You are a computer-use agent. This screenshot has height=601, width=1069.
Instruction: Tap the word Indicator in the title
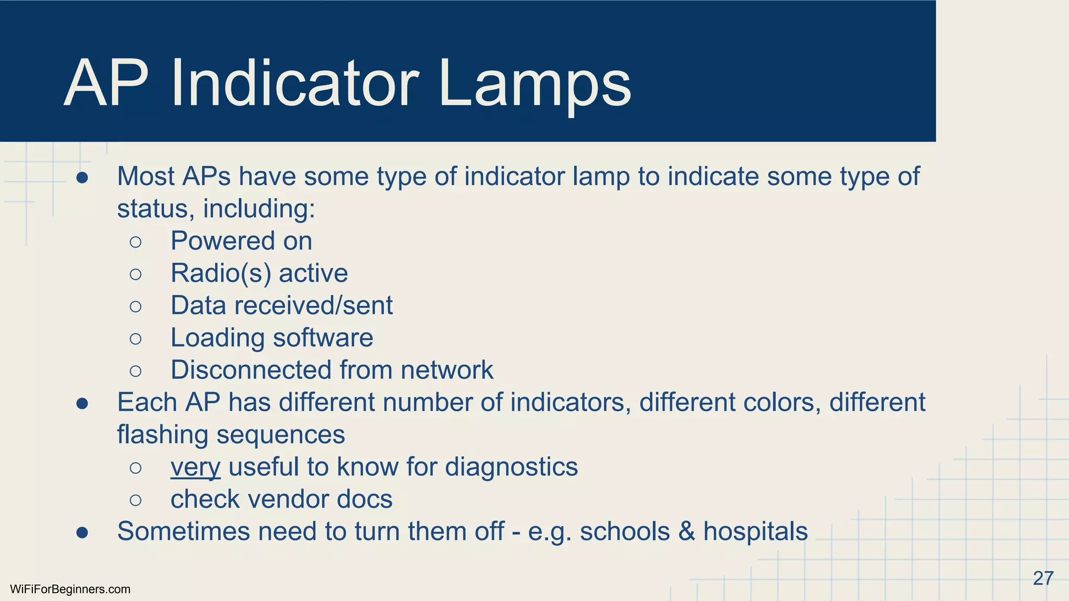pyautogui.click(x=295, y=83)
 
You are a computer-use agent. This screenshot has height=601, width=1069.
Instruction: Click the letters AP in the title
pyautogui.click(x=106, y=83)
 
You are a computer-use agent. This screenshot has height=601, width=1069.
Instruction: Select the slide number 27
pyautogui.click(x=1043, y=578)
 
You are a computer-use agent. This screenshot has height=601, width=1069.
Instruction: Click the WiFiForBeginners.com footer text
pyautogui.click(x=70, y=590)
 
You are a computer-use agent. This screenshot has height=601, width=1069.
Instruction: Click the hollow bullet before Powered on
pyautogui.click(x=136, y=242)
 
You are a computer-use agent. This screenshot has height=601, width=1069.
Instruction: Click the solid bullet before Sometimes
pyautogui.click(x=82, y=532)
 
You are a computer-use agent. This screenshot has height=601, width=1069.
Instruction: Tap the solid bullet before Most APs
pyautogui.click(x=82, y=177)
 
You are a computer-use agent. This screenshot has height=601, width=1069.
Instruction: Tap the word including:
pyautogui.click(x=259, y=209)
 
